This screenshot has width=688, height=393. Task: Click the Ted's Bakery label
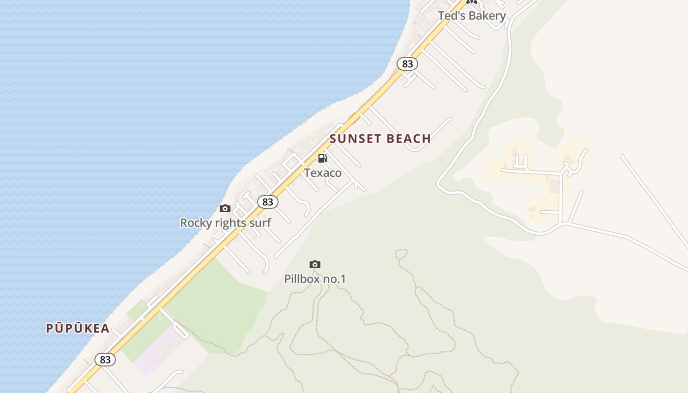tap(472, 16)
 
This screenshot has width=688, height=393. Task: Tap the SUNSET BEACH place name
tap(380, 139)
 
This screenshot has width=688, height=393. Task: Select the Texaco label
tap(322, 173)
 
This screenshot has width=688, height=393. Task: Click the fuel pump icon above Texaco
tap(322, 158)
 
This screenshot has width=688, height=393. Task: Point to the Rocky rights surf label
tap(226, 223)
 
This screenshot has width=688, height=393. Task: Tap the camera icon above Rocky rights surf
tap(225, 209)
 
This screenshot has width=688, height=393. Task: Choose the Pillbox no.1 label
tap(315, 279)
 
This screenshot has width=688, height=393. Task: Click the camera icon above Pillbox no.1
tap(315, 265)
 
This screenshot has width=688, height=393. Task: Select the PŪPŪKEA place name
tap(78, 329)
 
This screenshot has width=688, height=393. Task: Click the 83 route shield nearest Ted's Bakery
tap(407, 64)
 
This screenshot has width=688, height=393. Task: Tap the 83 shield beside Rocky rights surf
tap(267, 202)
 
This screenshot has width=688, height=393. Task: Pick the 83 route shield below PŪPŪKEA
tap(105, 360)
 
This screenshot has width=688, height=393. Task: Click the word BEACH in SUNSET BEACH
tap(408, 139)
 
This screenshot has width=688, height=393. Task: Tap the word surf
tap(259, 223)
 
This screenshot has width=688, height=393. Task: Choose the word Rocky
tap(195, 223)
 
